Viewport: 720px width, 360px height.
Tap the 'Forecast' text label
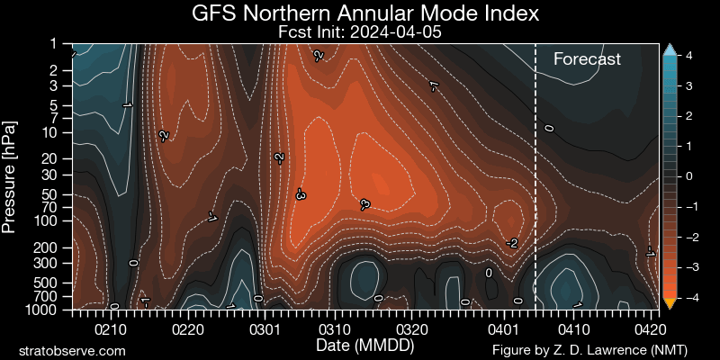point(587,59)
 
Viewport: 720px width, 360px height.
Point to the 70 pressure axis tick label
point(50,206)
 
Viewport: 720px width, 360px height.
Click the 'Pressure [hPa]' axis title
point(10,175)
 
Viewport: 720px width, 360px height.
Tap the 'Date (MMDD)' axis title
point(359,346)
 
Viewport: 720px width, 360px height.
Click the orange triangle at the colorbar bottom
point(669,301)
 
